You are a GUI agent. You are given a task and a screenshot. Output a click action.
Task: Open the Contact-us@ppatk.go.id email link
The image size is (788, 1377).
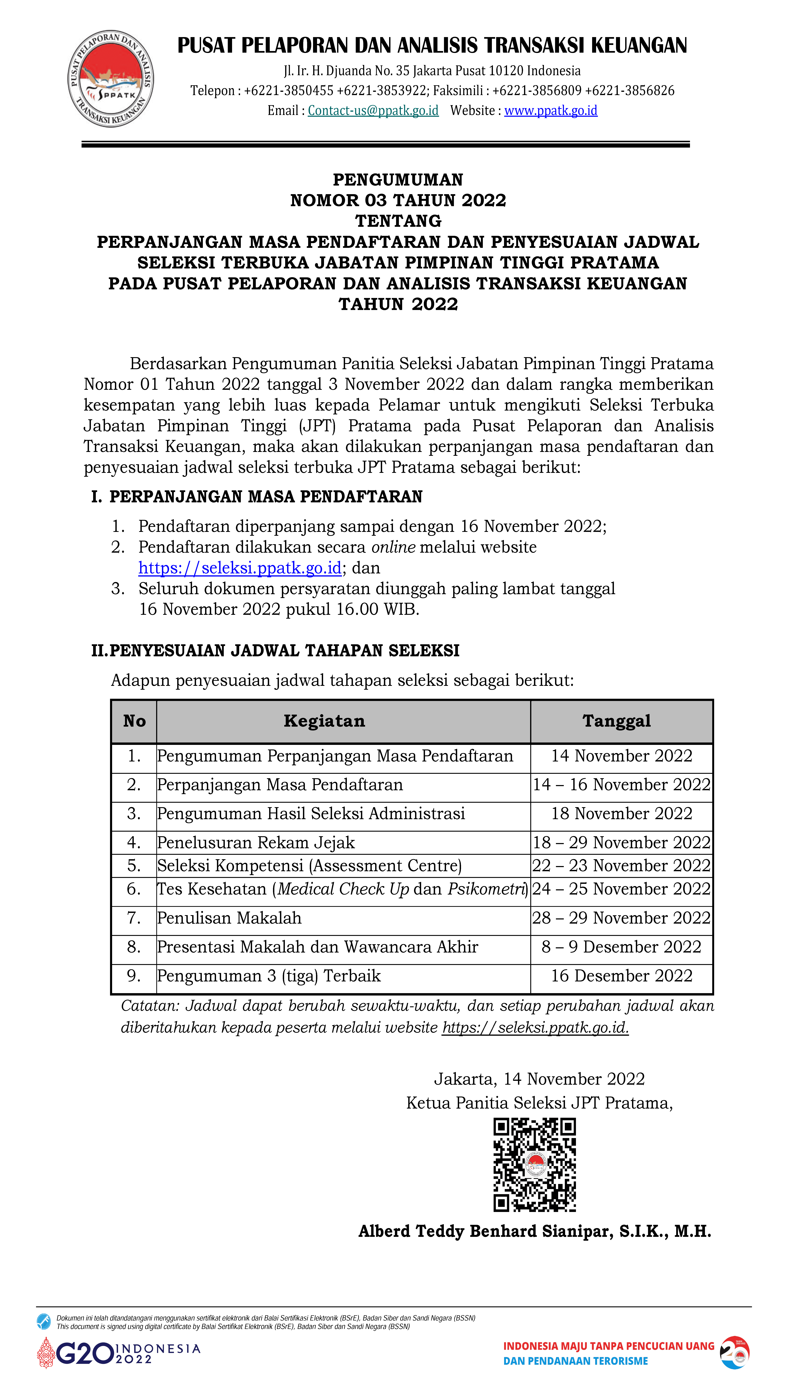pos(373,110)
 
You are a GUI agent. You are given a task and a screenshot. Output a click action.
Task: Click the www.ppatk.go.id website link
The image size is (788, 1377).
pos(550,110)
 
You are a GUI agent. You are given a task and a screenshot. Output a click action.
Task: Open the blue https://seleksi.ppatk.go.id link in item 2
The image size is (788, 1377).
pos(240,568)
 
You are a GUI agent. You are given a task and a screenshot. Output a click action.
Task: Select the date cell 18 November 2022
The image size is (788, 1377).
pos(621,814)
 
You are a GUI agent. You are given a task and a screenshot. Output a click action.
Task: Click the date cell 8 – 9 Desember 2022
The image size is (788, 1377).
pos(621,947)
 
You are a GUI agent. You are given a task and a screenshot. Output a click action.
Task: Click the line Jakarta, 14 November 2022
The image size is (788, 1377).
pos(539,1079)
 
